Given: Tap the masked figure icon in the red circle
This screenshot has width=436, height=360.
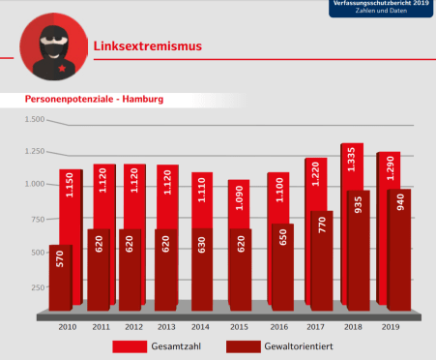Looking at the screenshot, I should [x=48, y=45].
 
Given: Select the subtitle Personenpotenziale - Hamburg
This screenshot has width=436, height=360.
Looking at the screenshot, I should [x=94, y=100].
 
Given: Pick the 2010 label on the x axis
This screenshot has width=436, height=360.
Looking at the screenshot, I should [x=67, y=327].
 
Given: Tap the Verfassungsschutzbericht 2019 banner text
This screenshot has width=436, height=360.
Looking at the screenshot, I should [x=383, y=5].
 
